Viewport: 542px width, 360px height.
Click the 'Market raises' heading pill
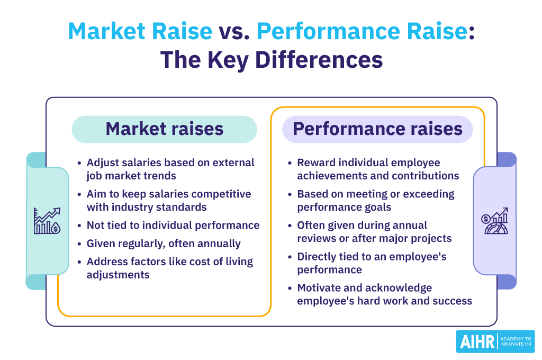(x=164, y=129)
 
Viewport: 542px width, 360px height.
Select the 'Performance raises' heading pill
(x=377, y=129)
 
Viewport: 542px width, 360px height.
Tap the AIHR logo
(x=495, y=341)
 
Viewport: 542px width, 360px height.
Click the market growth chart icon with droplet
(x=47, y=221)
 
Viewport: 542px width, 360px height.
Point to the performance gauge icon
(x=495, y=221)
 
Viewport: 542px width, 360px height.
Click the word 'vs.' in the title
(x=234, y=31)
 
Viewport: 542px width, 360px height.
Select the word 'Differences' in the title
(x=319, y=59)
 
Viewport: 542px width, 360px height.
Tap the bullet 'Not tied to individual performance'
(x=173, y=225)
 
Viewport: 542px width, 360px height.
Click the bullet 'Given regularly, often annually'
(x=164, y=244)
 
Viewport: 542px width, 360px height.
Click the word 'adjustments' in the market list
(x=118, y=275)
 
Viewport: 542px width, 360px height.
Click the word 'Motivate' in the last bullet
(x=318, y=287)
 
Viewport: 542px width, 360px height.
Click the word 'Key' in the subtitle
(x=228, y=60)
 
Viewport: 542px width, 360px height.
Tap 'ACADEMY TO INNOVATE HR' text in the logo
(x=516, y=341)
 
